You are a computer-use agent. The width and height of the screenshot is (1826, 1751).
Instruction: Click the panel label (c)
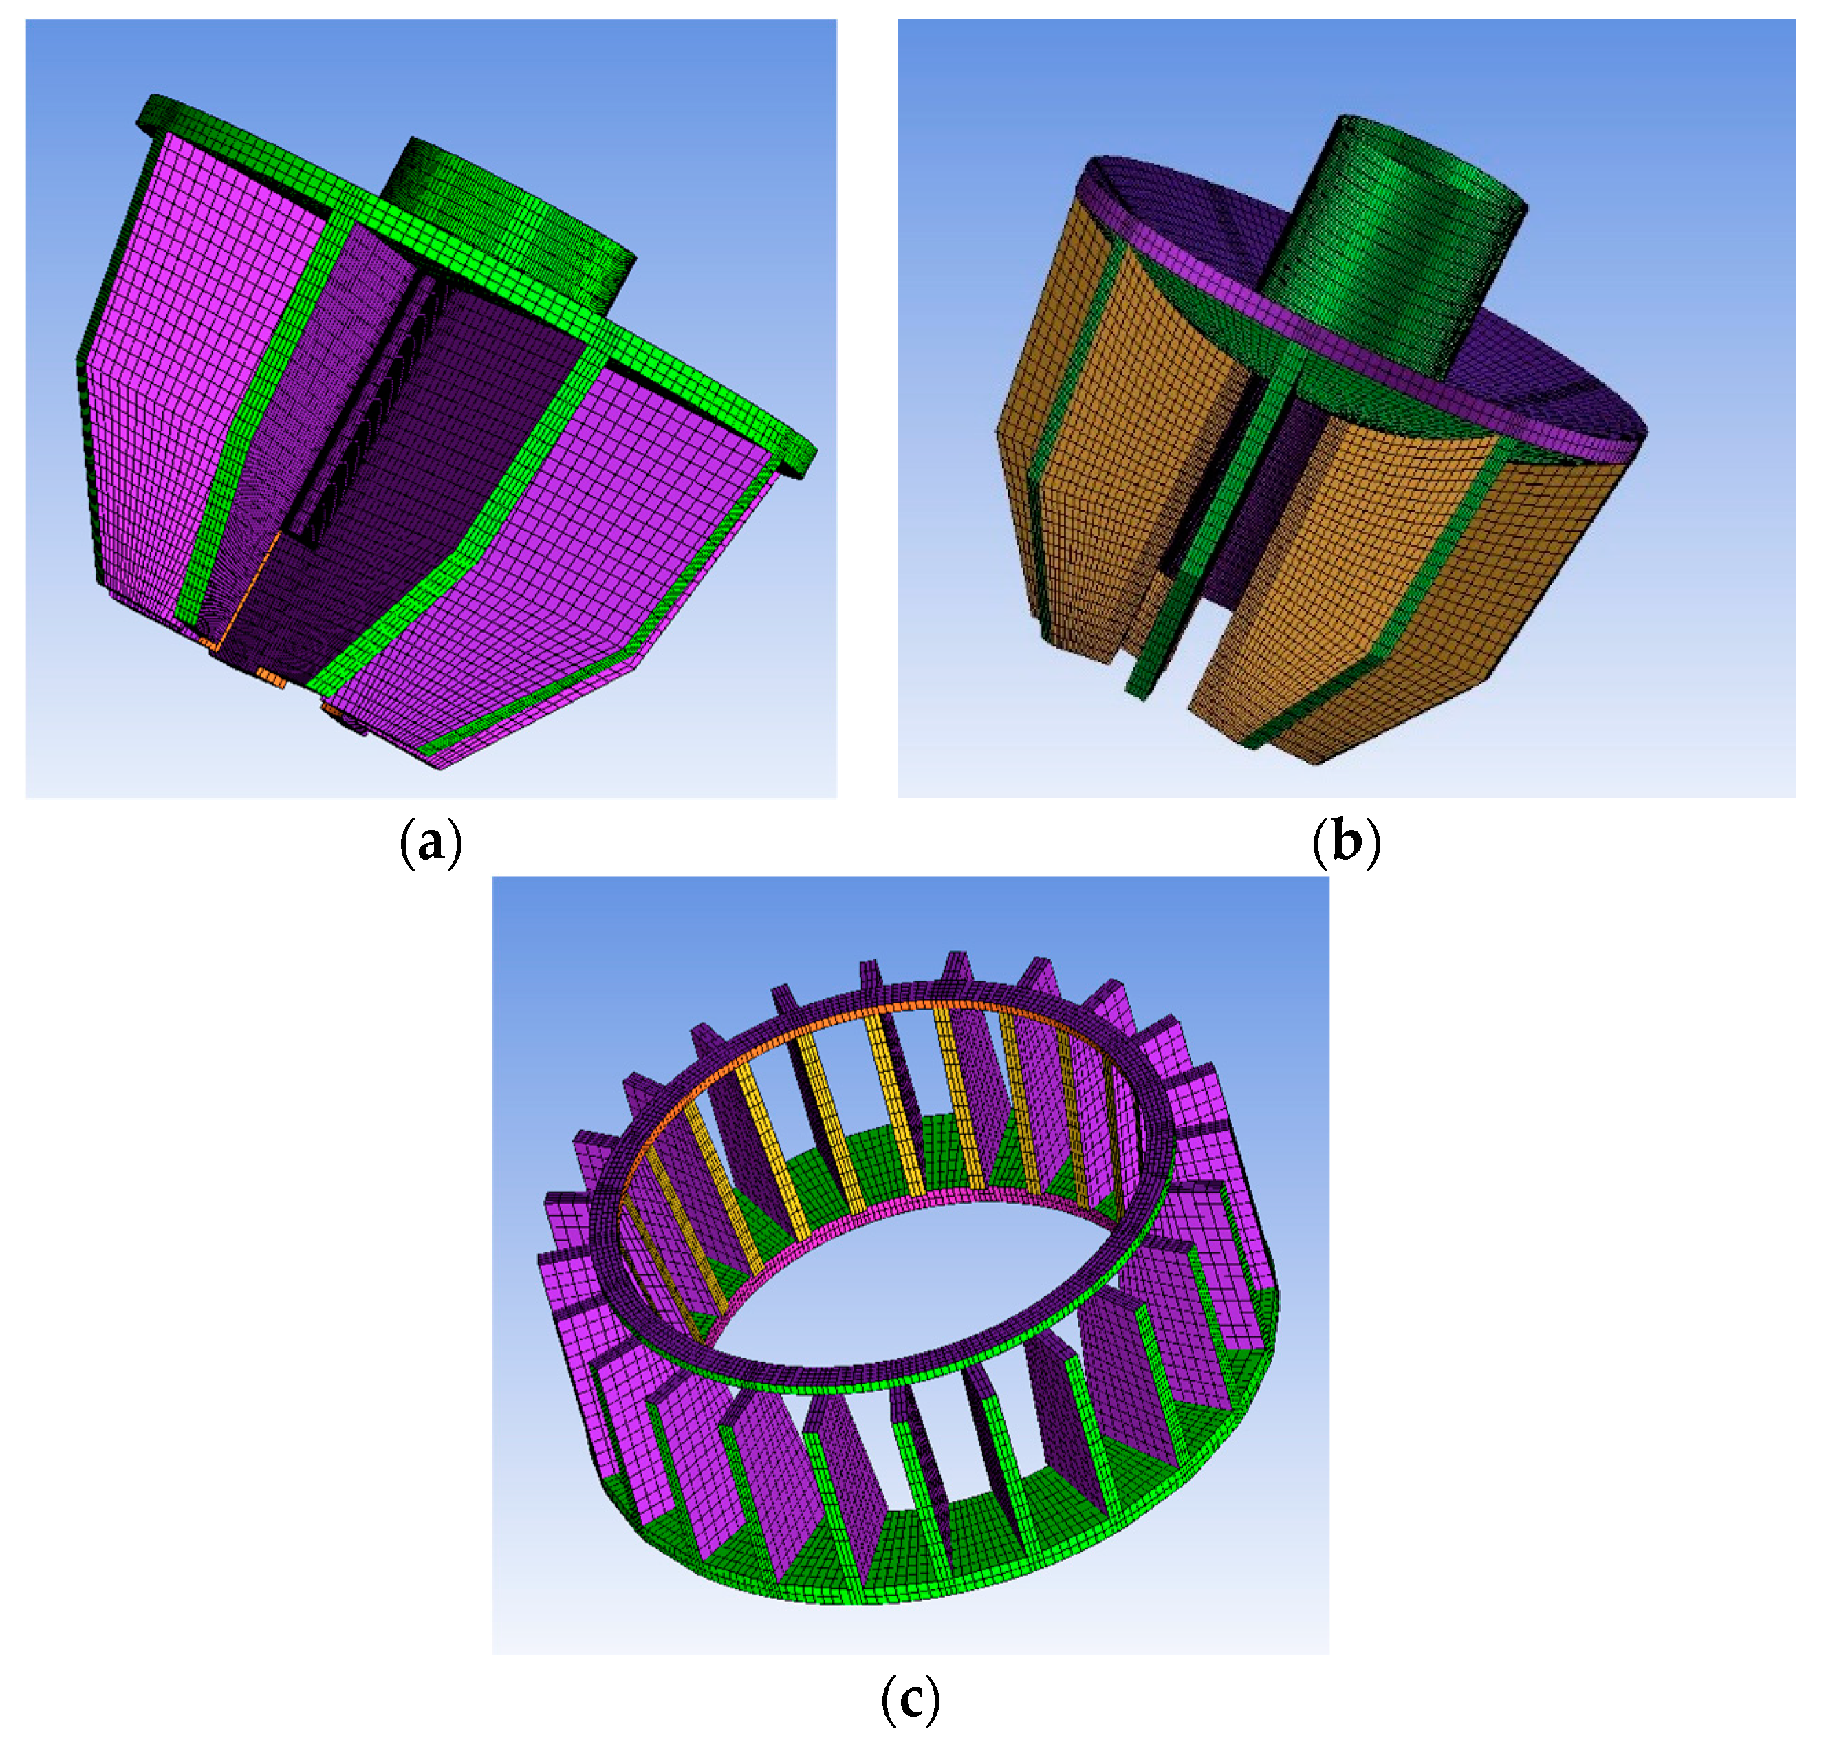pyautogui.click(x=909, y=1701)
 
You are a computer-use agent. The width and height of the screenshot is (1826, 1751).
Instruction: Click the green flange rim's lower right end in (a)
pyautogui.click(x=801, y=457)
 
